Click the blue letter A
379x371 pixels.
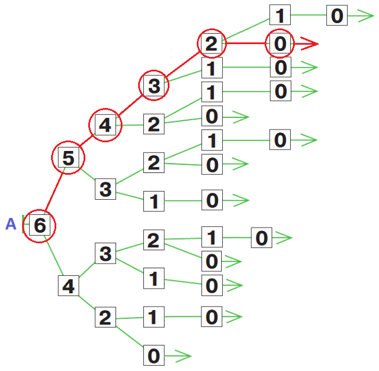(10, 224)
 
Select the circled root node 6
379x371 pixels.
(39, 225)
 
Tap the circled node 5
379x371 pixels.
(68, 158)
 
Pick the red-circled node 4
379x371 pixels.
(105, 124)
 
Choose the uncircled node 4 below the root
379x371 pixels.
(68, 286)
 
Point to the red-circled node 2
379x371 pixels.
(212, 44)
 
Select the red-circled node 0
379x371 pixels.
(280, 44)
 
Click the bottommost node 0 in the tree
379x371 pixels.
(154, 355)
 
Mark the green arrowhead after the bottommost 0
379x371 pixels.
(183, 355)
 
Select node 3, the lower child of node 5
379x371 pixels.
(105, 189)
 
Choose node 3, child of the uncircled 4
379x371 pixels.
(105, 254)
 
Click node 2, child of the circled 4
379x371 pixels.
(154, 124)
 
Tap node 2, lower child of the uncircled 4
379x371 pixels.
(105, 318)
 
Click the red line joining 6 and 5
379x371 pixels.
(54, 192)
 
